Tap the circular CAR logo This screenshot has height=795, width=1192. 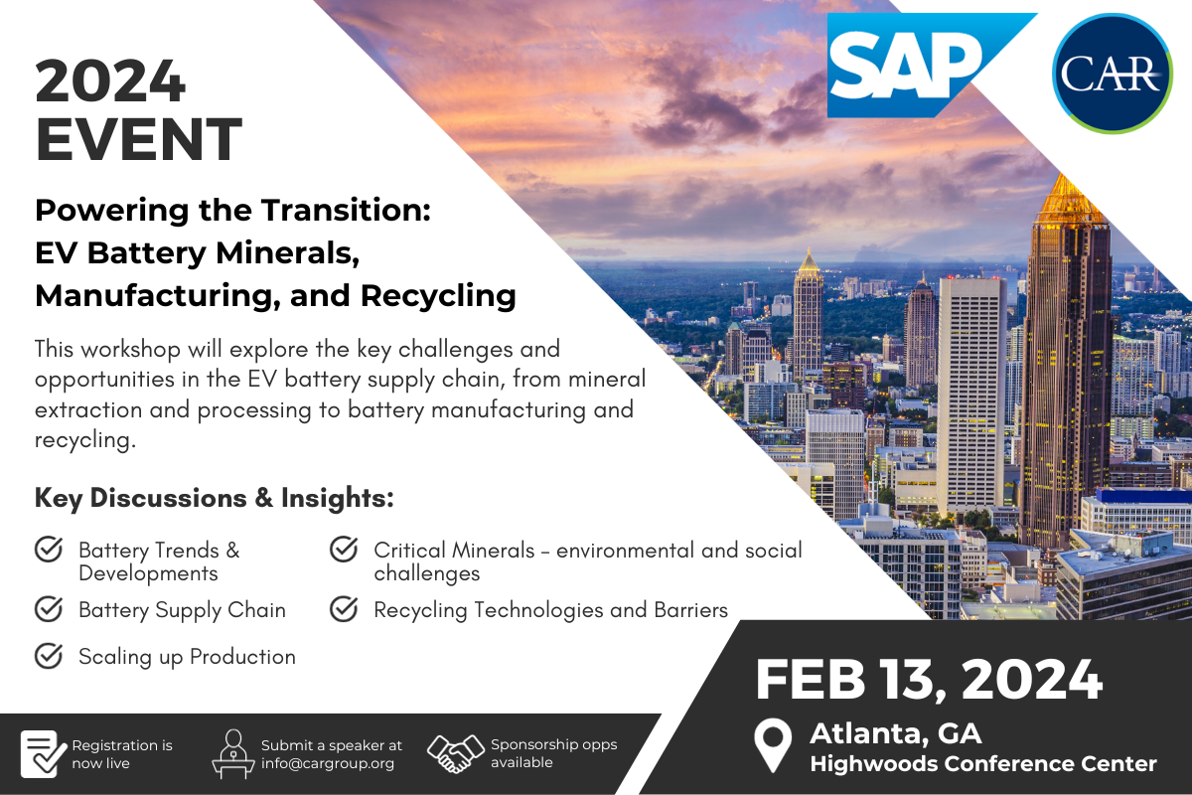click(x=1113, y=74)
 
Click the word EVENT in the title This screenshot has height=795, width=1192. click(x=139, y=139)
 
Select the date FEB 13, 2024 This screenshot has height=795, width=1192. click(x=929, y=679)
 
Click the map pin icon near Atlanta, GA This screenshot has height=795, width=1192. click(x=773, y=744)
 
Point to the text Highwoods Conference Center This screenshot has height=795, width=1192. click(x=983, y=763)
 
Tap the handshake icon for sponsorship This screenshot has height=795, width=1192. click(x=456, y=753)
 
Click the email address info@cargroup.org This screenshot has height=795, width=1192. click(x=328, y=763)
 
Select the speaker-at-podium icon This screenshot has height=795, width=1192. click(x=233, y=754)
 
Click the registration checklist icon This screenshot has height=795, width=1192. click(x=44, y=753)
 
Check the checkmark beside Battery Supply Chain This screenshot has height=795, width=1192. click(x=49, y=609)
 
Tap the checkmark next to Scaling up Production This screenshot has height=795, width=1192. click(x=49, y=656)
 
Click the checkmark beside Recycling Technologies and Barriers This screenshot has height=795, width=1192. click(x=344, y=609)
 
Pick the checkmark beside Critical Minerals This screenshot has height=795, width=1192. click(x=344, y=550)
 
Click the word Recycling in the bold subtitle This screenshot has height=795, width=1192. click(x=438, y=296)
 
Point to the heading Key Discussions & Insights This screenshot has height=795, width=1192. click(x=214, y=498)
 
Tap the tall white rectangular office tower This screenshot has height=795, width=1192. click(x=971, y=395)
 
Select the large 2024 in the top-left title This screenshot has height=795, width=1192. click(x=110, y=80)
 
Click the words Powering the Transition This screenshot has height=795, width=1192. click(x=232, y=211)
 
